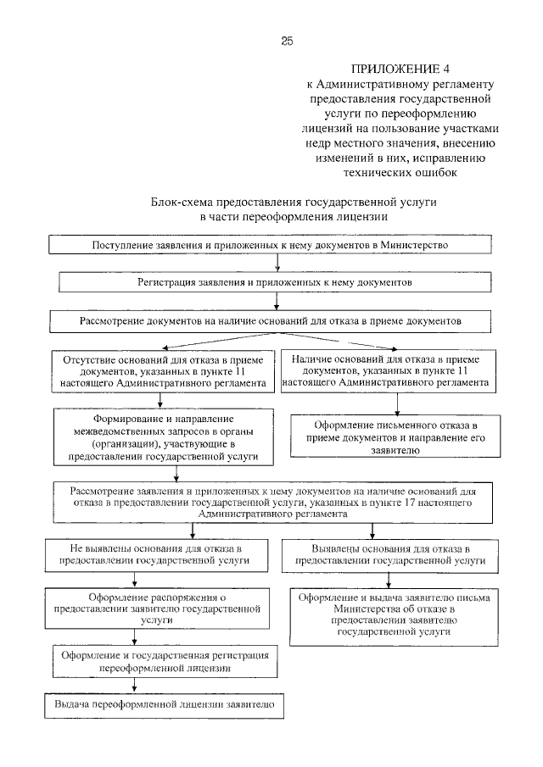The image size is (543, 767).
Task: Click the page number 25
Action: click(286, 41)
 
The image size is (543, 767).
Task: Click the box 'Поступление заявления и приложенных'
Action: click(270, 245)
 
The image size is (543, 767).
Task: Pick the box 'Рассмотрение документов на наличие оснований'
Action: click(271, 322)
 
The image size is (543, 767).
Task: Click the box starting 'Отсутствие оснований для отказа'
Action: click(164, 371)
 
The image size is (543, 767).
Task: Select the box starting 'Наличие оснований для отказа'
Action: click(389, 370)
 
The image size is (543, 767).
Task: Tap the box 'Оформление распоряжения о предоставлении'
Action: click(158, 608)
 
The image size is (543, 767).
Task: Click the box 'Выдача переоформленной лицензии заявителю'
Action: click(164, 704)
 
